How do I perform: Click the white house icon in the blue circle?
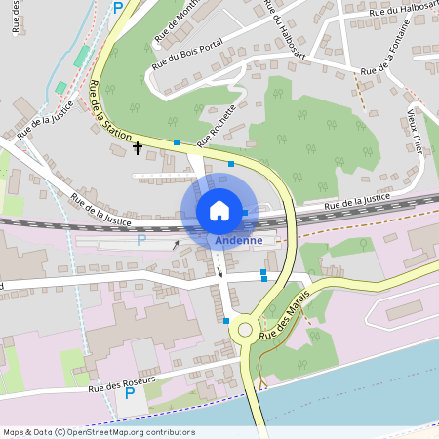(219, 211)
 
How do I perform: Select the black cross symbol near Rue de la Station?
(138, 147)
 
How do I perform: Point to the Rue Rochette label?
(218, 126)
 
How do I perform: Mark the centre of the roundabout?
(245, 330)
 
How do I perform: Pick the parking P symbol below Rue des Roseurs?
(130, 394)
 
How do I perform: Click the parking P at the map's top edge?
(119, 8)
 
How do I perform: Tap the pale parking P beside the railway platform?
(140, 240)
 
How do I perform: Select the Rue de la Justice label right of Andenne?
(357, 201)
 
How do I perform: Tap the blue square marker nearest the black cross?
(177, 143)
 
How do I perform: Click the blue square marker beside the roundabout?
(226, 320)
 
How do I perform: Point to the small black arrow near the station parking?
(176, 246)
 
